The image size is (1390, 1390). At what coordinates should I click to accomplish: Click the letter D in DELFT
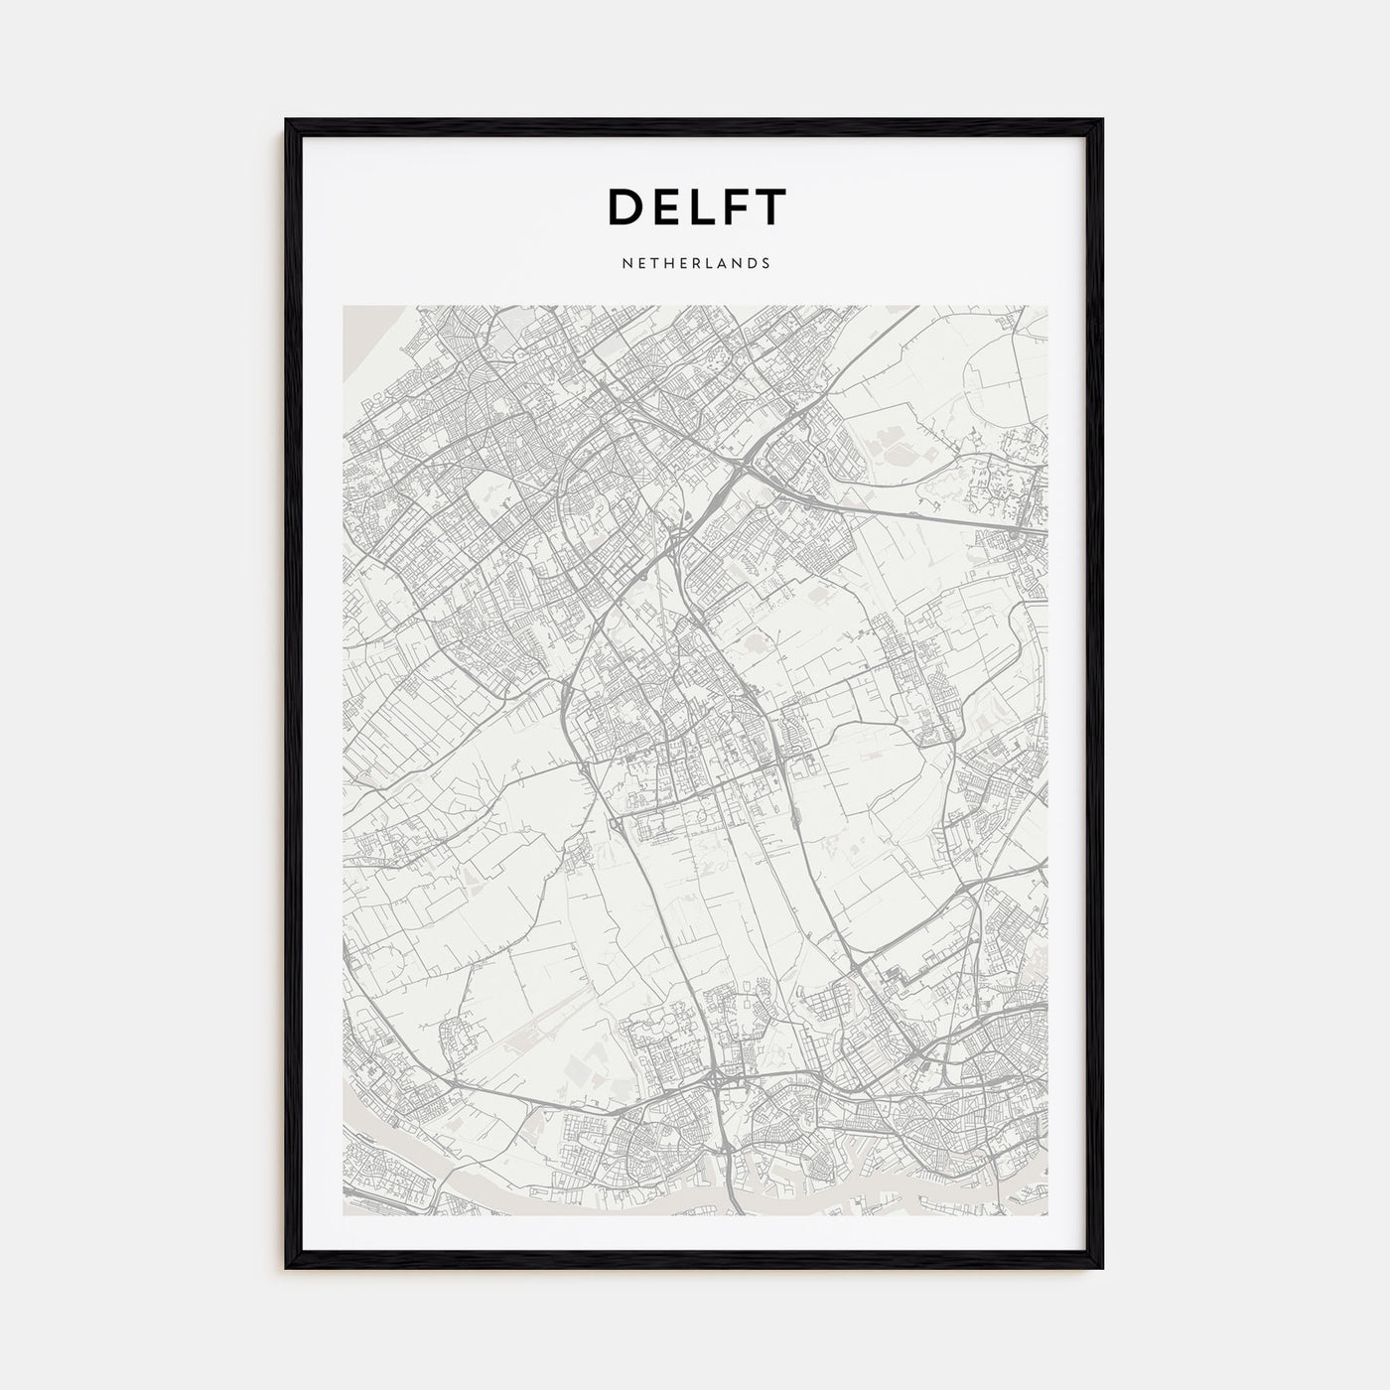[x=626, y=207]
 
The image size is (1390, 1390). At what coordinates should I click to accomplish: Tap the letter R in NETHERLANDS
[x=689, y=264]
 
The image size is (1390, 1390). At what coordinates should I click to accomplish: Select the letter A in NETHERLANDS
[x=717, y=264]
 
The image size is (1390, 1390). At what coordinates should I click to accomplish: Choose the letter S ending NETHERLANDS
[x=765, y=264]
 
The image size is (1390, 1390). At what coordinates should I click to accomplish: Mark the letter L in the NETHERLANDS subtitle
[x=703, y=264]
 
